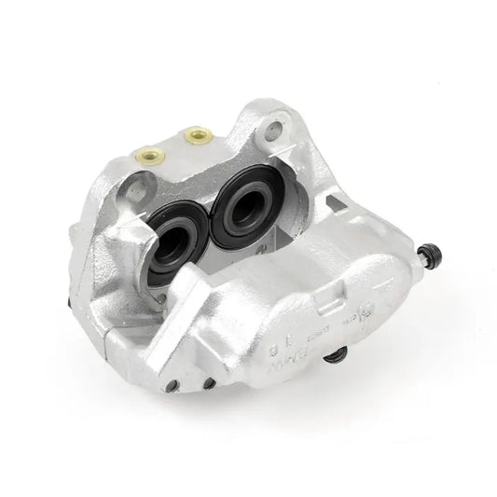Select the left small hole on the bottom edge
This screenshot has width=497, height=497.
coord(172,385)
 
